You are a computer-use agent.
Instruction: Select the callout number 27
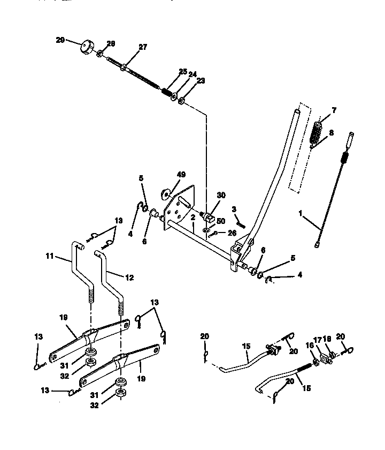pos(142,47)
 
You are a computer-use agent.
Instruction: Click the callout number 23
pos(201,80)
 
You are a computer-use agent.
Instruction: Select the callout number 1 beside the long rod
pos(301,213)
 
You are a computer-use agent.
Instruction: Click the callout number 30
pos(221,197)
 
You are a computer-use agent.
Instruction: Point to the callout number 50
pos(221,221)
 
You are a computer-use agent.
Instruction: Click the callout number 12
pos(129,277)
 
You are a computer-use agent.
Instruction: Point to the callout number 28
pos(111,43)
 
